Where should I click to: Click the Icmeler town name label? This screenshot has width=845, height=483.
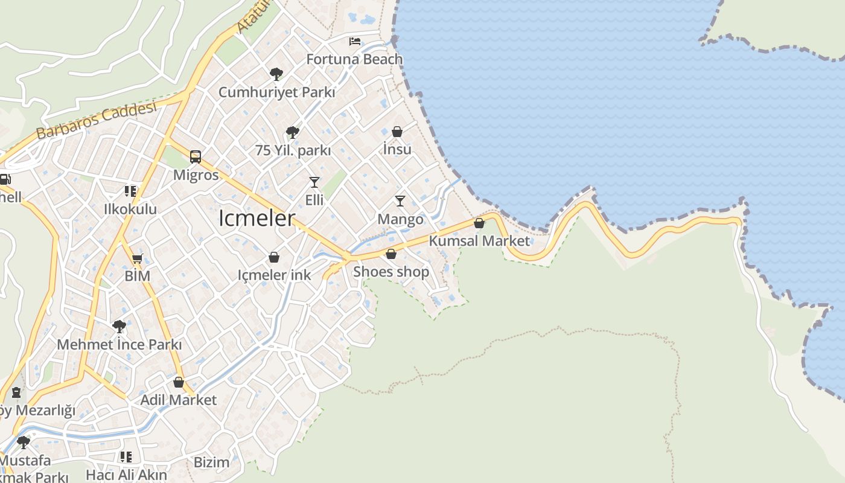(x=257, y=219)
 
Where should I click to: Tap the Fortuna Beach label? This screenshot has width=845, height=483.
(x=354, y=59)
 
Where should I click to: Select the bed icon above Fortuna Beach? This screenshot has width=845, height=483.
(x=355, y=42)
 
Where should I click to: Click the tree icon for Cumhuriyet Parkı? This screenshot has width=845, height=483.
(x=276, y=74)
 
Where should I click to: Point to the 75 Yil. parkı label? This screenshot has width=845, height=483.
(x=293, y=151)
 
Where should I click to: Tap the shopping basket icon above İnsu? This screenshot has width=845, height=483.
(x=397, y=132)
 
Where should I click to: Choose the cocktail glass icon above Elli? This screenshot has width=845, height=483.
(x=314, y=182)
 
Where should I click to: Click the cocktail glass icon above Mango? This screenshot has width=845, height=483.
(x=400, y=200)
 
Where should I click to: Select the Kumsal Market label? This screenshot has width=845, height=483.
(x=479, y=241)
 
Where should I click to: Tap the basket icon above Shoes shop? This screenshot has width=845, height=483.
(x=391, y=254)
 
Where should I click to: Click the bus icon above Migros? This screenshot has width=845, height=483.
(x=196, y=157)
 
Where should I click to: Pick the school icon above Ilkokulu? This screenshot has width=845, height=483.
(x=130, y=191)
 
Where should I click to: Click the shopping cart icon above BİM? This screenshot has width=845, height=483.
(x=137, y=259)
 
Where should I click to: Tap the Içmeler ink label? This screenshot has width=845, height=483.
(x=274, y=275)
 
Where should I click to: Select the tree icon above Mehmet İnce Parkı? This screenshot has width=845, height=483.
(x=119, y=327)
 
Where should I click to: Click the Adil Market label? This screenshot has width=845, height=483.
(x=178, y=400)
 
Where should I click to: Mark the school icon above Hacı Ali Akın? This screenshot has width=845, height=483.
(x=126, y=457)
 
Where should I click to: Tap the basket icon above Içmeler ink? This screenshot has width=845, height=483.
(x=274, y=258)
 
